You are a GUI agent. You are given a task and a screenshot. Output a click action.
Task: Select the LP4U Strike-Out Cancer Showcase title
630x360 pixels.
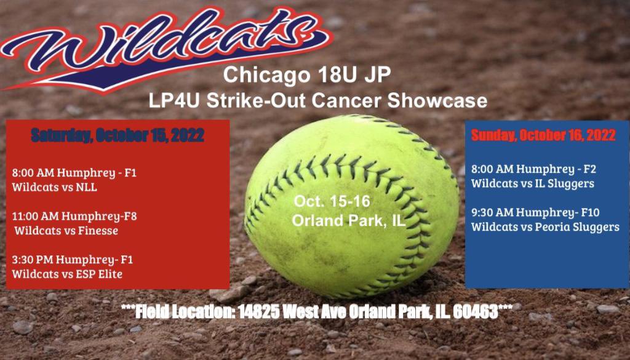coord(317,100)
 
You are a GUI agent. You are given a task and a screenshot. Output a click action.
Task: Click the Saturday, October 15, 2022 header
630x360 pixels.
coord(118,136)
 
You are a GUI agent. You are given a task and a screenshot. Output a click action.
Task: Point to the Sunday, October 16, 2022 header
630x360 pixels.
coord(543,136)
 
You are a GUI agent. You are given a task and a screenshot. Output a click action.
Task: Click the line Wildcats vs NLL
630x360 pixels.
coord(55,187)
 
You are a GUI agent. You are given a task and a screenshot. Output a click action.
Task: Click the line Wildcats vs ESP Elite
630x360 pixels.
coord(67,274)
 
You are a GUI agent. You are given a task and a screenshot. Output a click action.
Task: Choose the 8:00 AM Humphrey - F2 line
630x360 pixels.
coord(533,169)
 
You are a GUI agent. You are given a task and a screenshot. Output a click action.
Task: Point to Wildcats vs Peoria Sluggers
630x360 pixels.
coord(545,227)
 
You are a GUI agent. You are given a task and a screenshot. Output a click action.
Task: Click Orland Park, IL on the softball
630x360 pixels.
coord(348,220)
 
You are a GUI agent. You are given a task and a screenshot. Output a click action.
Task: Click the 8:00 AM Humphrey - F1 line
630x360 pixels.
coord(74,172)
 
